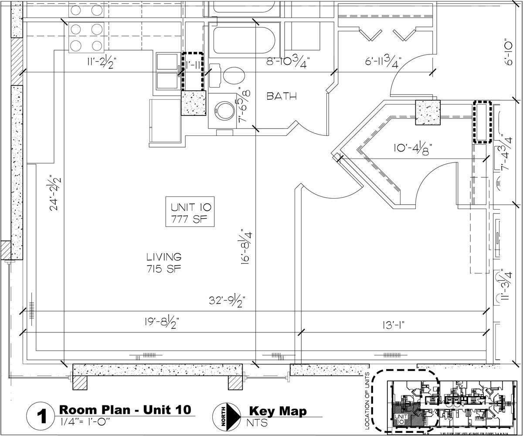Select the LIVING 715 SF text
164,263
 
